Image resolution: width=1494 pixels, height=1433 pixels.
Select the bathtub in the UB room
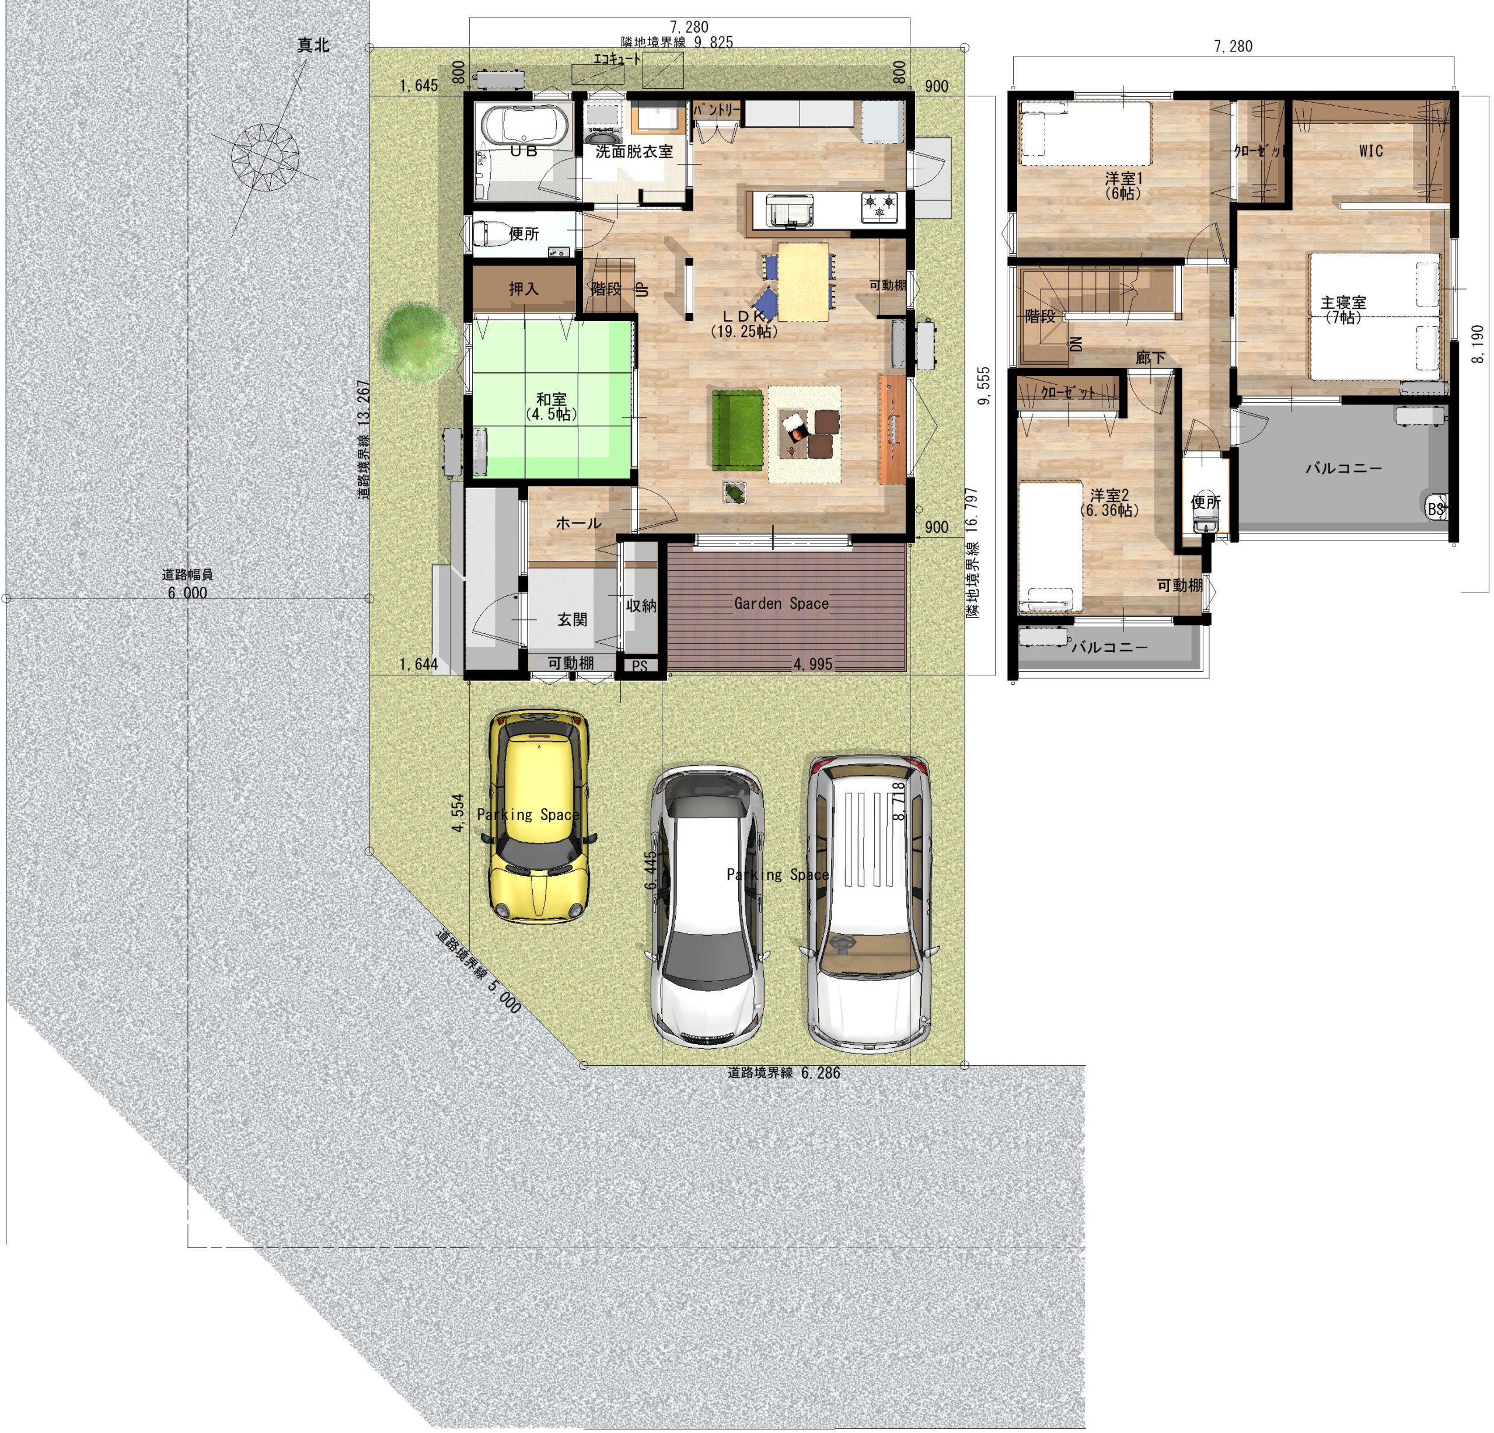(x=523, y=124)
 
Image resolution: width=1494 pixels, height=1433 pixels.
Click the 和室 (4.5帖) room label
(x=551, y=406)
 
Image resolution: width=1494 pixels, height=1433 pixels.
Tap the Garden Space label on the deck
(x=781, y=604)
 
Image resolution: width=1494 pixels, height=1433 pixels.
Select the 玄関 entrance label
(x=572, y=620)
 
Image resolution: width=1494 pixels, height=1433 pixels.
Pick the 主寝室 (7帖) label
(x=1343, y=309)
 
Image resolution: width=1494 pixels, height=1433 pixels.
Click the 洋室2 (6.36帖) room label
(x=1109, y=503)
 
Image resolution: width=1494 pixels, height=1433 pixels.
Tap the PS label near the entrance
(x=640, y=666)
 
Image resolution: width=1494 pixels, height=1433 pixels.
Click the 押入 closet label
(x=523, y=289)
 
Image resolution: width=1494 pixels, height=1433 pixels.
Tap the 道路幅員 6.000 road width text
(x=187, y=584)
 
